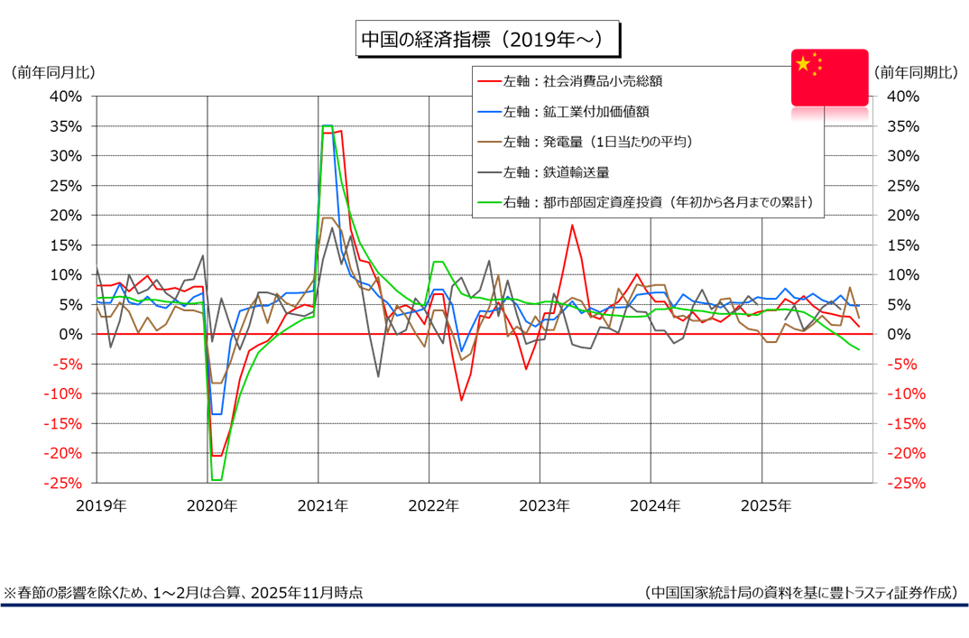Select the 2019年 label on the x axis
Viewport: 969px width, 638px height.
click(x=101, y=506)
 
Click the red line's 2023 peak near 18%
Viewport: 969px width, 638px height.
click(x=572, y=225)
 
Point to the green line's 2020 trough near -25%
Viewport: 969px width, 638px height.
click(x=216, y=480)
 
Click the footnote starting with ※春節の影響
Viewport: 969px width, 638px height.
click(x=184, y=593)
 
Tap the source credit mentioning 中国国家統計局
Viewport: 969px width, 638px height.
click(x=801, y=593)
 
